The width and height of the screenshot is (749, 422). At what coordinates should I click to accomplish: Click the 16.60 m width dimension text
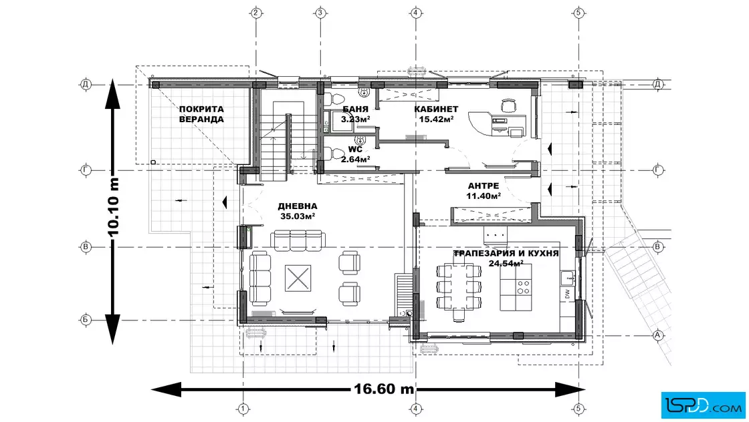pos(384,389)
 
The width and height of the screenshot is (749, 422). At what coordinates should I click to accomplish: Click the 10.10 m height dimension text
pos(113,207)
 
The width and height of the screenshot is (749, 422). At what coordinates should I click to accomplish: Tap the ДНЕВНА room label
pos(297,206)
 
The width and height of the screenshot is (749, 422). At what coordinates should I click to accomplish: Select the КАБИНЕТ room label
pos(436,110)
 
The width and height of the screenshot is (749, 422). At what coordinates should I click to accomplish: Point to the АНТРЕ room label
pos(484,186)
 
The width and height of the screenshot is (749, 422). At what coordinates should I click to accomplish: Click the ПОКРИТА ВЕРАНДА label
pos(201,114)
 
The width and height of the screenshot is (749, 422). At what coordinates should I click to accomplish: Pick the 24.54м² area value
pos(506,262)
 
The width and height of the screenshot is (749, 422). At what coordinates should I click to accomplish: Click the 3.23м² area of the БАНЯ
pos(355,120)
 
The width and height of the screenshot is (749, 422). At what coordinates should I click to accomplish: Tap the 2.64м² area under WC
pos(355,160)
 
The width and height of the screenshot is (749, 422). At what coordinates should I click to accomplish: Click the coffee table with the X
pos(298,278)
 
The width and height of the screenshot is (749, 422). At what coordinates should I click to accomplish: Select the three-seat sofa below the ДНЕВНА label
pos(298,240)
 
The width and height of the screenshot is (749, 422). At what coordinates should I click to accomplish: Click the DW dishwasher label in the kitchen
pos(567,294)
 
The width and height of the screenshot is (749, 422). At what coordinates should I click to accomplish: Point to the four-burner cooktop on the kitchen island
pos(524,286)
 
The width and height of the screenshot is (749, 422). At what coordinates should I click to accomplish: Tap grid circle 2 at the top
pos(256,13)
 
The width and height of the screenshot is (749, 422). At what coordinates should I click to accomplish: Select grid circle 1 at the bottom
pos(243,409)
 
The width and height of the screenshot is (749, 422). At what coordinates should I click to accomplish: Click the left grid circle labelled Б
pos(86,319)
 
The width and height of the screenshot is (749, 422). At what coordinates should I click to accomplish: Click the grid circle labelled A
pos(658,335)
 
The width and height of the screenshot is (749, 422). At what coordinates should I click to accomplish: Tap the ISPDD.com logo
pos(703,405)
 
